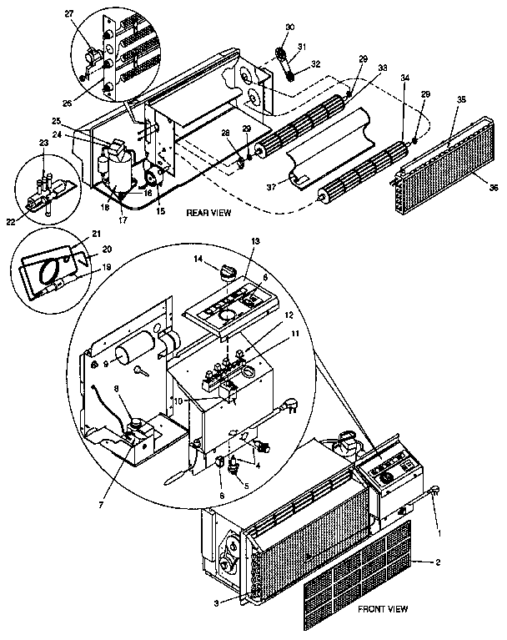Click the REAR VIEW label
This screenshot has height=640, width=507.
[x=208, y=214]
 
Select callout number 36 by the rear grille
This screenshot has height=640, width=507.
[x=494, y=189]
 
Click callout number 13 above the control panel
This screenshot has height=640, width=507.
[x=255, y=241]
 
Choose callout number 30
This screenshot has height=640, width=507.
[x=290, y=28]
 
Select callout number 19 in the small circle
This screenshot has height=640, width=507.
[x=106, y=267]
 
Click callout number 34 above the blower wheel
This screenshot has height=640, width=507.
[x=405, y=78]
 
